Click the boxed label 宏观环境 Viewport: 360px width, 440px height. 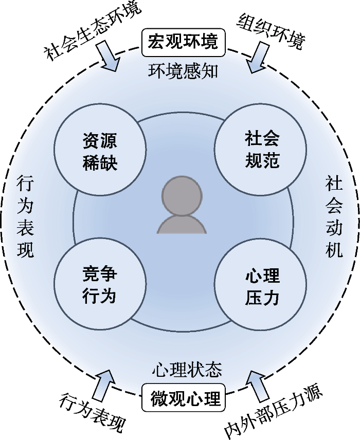pyautogui.click(x=180, y=41)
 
